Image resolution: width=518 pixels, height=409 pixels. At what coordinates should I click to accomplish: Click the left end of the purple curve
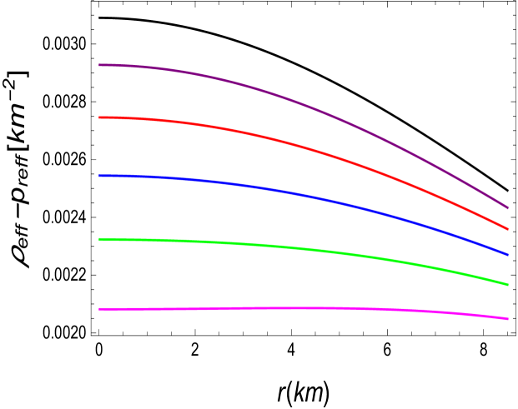pyautogui.click(x=99, y=65)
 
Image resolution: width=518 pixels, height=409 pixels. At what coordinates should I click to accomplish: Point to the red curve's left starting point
pyautogui.click(x=99, y=117)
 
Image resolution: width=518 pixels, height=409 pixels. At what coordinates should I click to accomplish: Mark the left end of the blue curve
pyautogui.click(x=99, y=176)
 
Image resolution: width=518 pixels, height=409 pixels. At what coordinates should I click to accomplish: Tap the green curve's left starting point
pyautogui.click(x=99, y=239)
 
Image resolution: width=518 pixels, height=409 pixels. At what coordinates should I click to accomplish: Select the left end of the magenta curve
pyautogui.click(x=99, y=309)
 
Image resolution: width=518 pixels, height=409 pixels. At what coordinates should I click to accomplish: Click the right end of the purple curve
pyautogui.click(x=508, y=208)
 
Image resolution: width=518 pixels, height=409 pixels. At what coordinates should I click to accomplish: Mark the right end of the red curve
pyautogui.click(x=508, y=229)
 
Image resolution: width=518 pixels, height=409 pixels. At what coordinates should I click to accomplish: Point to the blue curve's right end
pyautogui.click(x=508, y=254)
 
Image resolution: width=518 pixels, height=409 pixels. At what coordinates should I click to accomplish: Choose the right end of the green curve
pyautogui.click(x=508, y=284)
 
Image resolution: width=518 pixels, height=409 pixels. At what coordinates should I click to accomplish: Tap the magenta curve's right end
pyautogui.click(x=508, y=318)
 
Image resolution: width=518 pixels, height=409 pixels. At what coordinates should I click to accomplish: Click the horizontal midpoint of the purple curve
pyautogui.click(x=304, y=106)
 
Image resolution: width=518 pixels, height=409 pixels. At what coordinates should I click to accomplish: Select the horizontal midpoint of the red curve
pyautogui.click(x=304, y=148)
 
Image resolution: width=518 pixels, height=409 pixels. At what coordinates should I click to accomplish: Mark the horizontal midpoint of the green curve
pyautogui.click(x=304, y=249)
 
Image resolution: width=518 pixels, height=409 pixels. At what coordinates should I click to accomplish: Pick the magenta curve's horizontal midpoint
pyautogui.click(x=304, y=308)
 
